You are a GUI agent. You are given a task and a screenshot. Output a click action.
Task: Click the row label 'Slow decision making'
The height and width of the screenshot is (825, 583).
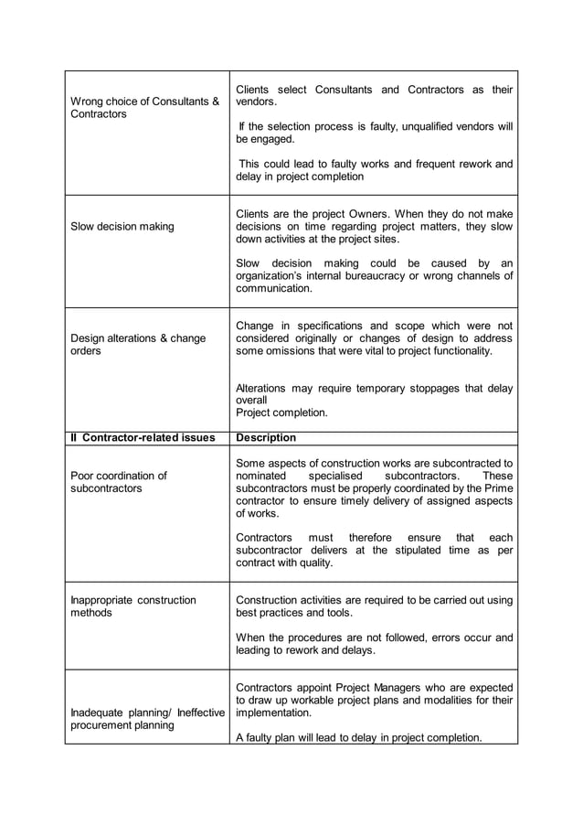point(122,226)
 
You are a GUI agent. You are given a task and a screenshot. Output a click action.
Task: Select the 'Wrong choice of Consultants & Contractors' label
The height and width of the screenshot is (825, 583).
point(145,108)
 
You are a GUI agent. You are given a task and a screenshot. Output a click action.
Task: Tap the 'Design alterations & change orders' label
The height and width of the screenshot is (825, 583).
point(138,345)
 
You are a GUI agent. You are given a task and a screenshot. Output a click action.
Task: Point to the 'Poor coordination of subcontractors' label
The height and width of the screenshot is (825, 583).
point(119,482)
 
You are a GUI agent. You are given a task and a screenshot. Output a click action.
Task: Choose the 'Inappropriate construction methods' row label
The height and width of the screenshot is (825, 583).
point(133,606)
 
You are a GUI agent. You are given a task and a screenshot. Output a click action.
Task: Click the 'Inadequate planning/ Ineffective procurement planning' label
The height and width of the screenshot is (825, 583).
point(146,719)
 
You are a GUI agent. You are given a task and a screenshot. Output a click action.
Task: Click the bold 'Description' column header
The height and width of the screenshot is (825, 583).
point(266,438)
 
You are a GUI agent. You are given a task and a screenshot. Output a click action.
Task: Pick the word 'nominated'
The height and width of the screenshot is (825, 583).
point(261,477)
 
